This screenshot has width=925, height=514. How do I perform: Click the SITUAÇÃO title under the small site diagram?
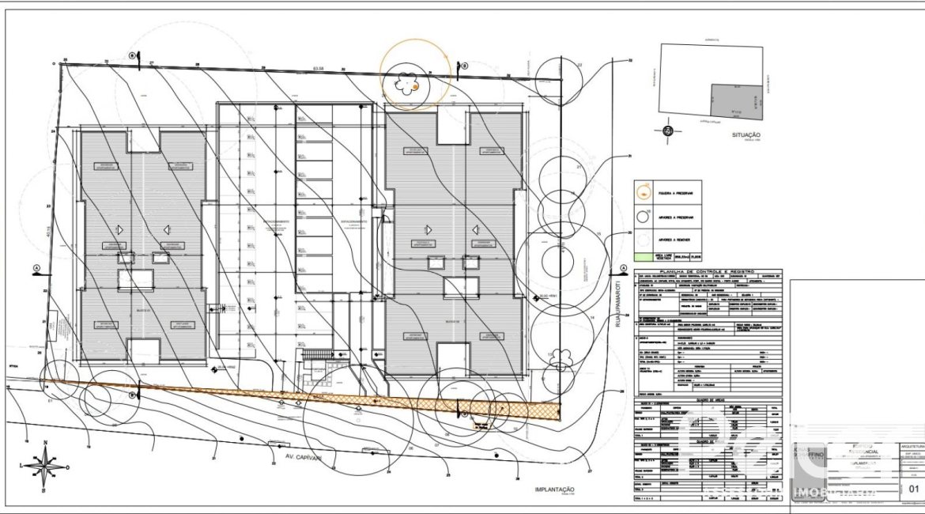[746, 135]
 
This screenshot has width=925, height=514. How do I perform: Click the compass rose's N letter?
[46, 444]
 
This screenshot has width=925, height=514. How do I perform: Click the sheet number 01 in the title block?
[913, 489]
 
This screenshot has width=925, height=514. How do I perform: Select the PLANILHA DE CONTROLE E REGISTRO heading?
[708, 270]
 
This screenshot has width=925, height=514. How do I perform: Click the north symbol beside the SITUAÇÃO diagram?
[668, 131]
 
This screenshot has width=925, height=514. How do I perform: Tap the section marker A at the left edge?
[37, 268]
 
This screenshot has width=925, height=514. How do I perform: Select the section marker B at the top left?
[133, 55]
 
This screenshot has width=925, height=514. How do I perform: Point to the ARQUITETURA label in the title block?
[909, 447]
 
